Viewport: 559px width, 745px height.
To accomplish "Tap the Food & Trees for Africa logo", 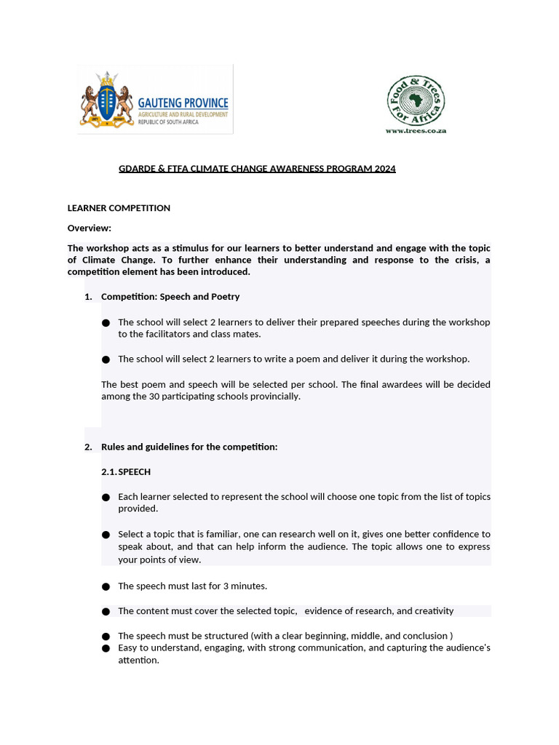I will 416,100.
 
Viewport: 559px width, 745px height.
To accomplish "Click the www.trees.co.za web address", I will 416,130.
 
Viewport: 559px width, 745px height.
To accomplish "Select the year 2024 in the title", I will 385,169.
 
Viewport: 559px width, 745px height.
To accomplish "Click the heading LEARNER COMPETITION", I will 119,208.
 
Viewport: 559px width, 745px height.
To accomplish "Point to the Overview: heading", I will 89,228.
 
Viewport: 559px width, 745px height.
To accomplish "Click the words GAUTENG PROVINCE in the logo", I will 183,103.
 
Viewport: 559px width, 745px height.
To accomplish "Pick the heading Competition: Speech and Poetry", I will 170,297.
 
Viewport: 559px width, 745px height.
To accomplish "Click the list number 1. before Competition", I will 88,297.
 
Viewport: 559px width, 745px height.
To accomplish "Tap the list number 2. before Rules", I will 88,447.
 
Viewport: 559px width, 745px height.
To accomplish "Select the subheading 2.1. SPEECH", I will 126,472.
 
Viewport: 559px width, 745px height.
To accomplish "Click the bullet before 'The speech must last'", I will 106,586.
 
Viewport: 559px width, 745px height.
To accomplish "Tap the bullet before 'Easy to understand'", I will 106,648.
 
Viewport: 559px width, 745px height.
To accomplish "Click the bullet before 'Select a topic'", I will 106,535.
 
